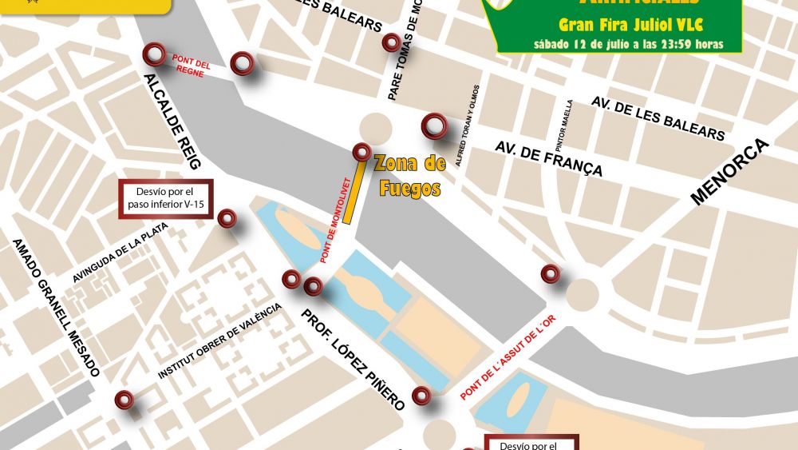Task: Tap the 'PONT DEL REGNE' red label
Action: coord(192,65)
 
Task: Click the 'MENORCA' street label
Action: coord(729,173)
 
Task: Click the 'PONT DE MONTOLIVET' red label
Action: coord(336,221)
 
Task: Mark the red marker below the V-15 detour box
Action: coord(227,218)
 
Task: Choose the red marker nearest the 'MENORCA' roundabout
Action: coord(550,273)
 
